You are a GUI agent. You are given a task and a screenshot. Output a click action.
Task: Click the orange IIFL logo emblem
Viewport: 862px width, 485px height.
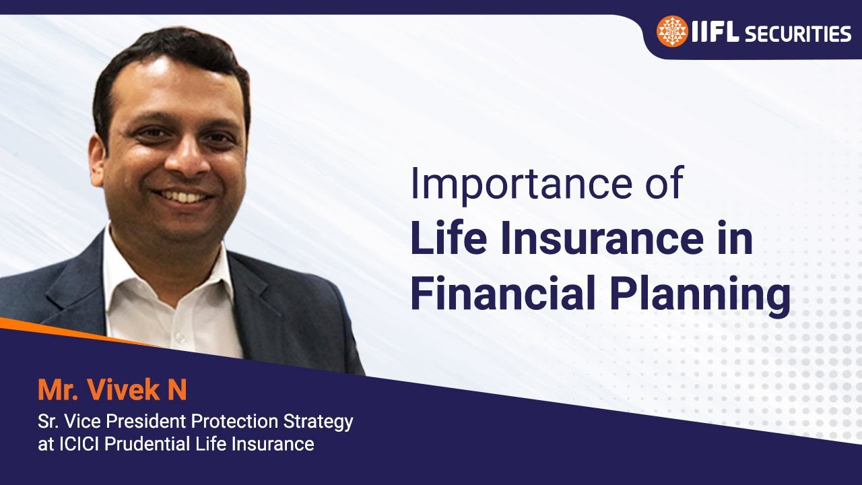[671, 32]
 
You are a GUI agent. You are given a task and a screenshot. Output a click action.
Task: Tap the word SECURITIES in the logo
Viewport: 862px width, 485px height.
[798, 33]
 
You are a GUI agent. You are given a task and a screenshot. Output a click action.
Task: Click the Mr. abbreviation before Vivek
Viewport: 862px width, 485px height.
[55, 390]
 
